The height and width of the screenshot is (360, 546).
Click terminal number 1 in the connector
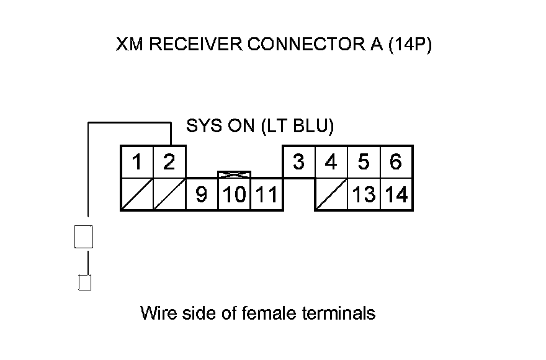coord(137,162)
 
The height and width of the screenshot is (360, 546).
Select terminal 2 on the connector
coord(169,162)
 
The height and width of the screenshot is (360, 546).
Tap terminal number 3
coord(299,162)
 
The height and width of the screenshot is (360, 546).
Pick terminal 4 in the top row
coord(331,162)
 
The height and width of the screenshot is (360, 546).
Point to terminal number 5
coord(364,162)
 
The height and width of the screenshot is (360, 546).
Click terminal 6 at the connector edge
coord(396,162)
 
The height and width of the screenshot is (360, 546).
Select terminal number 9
coord(202,194)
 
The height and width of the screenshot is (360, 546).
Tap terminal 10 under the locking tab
coord(234,194)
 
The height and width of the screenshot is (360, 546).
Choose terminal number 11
coord(267,194)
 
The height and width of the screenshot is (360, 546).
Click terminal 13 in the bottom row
coord(364,194)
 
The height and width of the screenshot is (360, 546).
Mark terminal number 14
coord(396,194)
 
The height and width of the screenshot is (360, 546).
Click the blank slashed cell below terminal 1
coord(137,194)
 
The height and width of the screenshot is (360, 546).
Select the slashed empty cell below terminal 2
coord(169,194)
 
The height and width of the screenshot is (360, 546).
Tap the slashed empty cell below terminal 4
coord(331,194)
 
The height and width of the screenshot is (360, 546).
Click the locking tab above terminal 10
coord(234,174)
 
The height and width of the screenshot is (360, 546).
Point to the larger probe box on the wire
coord(84,236)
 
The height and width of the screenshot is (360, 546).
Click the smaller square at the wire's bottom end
coord(84,282)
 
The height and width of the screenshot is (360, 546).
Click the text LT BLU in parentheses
coord(297,126)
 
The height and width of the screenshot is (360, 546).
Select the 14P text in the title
coord(410,45)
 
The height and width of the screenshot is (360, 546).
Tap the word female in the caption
coord(269,313)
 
